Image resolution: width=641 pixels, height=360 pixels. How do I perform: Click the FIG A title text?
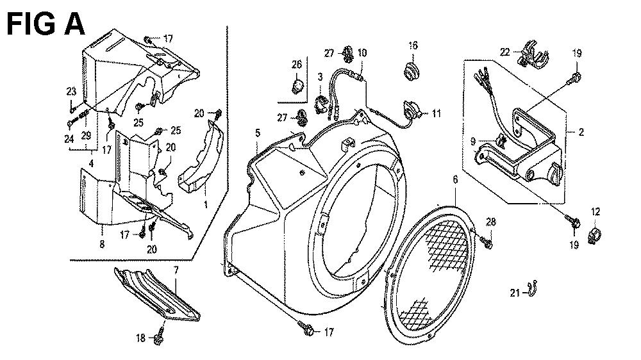click(46, 23)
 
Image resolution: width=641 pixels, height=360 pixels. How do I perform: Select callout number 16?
click(413, 45)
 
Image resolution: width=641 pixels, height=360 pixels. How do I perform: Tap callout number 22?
click(505, 52)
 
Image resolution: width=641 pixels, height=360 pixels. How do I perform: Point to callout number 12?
click(595, 212)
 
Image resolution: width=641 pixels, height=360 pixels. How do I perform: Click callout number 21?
click(515, 293)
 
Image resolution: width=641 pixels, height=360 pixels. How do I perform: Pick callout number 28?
click(490, 222)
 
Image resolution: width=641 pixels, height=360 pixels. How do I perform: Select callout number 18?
click(140, 338)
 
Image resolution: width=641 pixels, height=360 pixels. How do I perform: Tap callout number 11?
click(436, 113)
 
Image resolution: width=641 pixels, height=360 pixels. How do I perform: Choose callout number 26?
click(297, 64)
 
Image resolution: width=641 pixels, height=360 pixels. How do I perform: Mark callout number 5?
click(258, 133)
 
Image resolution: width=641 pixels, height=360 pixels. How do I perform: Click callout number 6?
click(455, 179)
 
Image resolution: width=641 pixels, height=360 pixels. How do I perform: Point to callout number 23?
click(71, 92)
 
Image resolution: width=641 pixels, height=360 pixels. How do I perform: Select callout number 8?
click(102, 244)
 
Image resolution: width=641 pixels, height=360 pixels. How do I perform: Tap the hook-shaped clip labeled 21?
click(531, 289)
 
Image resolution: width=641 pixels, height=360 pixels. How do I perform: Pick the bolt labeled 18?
click(160, 335)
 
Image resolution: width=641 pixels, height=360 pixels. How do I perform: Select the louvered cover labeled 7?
click(158, 293)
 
